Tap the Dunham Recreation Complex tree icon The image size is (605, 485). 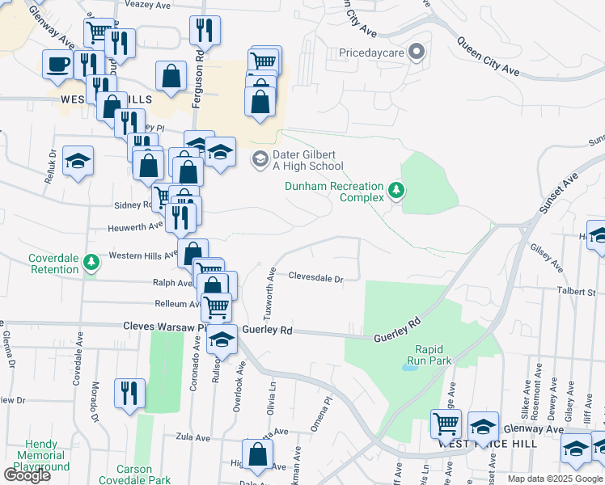tap(396, 191)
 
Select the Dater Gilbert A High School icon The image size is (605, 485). tap(260, 158)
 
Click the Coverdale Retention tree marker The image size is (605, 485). tap(92, 261)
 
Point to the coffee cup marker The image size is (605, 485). tap(57, 64)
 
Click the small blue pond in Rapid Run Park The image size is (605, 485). tap(410, 366)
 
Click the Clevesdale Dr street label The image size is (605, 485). tap(317, 276)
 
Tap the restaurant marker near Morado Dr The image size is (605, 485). tap(129, 394)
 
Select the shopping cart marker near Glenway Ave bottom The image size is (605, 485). tap(446, 423)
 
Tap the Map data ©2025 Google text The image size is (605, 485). tap(555, 479)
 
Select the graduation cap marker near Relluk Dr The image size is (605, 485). tap(78, 161)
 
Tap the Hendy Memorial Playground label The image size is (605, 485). tap(42, 455)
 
